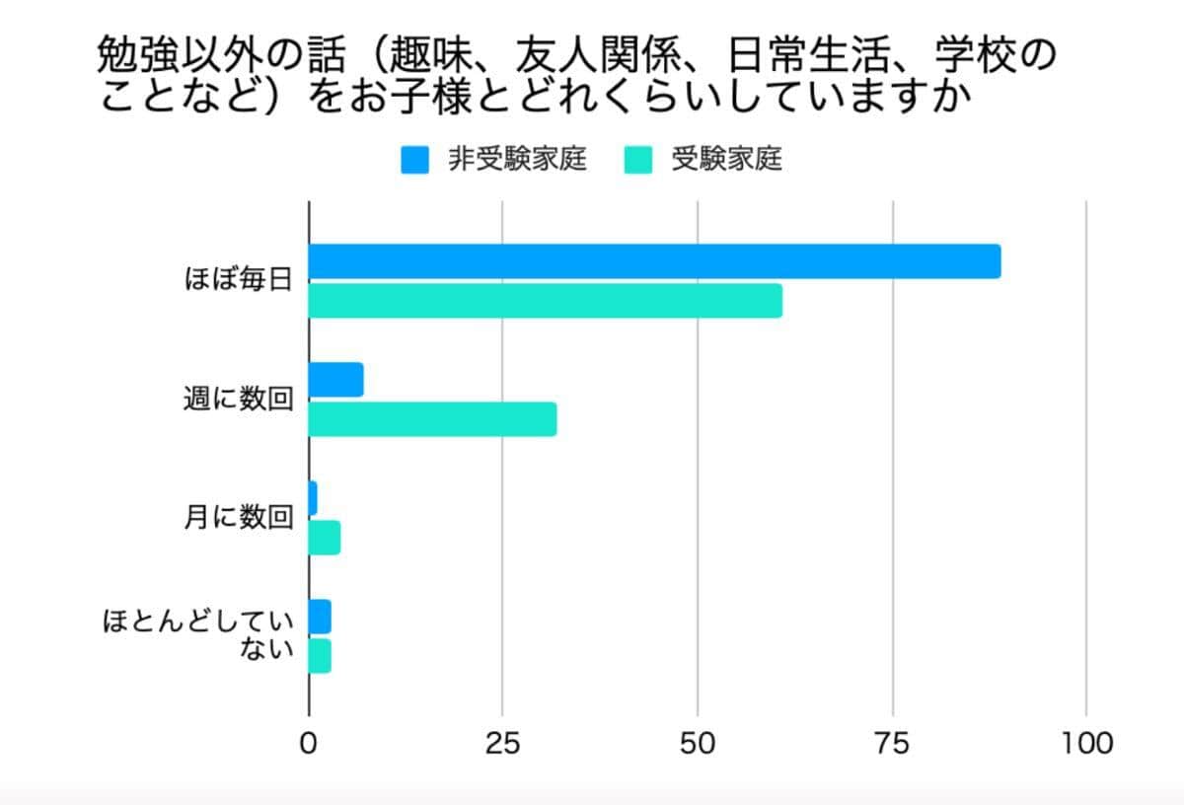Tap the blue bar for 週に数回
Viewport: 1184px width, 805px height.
(335, 380)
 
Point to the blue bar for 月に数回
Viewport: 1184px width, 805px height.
(313, 498)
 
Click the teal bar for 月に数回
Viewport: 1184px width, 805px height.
(324, 538)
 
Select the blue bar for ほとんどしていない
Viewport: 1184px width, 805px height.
(320, 617)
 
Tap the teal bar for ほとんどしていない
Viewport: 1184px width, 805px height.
(320, 656)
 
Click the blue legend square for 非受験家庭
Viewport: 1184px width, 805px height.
(414, 160)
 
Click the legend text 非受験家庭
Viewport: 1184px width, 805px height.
(517, 160)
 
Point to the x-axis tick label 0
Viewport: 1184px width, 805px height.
(309, 743)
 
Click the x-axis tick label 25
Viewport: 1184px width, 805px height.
(503, 743)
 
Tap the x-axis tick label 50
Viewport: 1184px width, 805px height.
(698, 743)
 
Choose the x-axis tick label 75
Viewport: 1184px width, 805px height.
(892, 743)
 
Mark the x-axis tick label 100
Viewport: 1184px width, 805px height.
(1085, 743)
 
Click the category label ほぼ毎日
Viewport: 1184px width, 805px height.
(239, 280)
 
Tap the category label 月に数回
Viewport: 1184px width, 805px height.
(239, 518)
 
